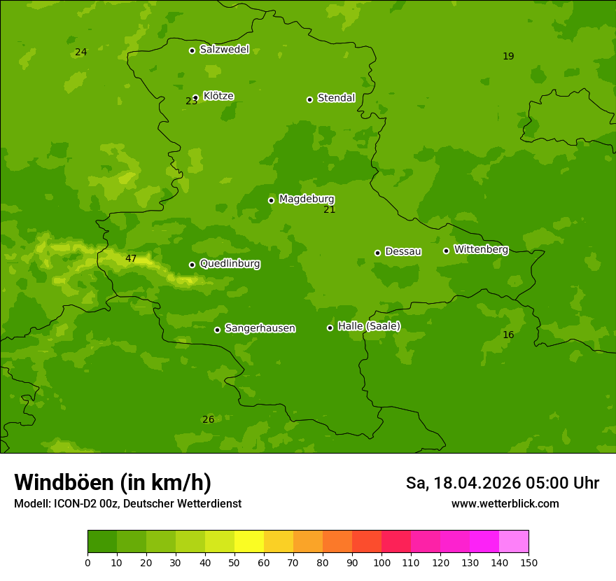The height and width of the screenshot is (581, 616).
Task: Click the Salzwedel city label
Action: point(224,50)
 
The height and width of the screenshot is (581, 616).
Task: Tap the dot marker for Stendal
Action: point(309,99)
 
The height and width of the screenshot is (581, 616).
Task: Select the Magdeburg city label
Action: point(307,199)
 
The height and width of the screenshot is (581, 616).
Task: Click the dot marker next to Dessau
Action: point(377,253)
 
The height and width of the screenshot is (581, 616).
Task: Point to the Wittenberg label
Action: point(481,250)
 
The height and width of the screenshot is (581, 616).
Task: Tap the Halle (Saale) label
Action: point(369,326)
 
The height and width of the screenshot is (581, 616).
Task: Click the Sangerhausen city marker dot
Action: point(217,330)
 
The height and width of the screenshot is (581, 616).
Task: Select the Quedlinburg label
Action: point(230,264)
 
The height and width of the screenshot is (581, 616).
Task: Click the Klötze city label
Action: point(218,96)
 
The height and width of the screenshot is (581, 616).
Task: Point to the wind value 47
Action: point(131,259)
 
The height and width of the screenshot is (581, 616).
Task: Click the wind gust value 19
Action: point(508,57)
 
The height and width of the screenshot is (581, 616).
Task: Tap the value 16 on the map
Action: point(508,335)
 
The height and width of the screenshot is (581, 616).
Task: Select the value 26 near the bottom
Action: point(208,420)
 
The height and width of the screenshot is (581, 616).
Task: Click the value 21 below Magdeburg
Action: point(330,210)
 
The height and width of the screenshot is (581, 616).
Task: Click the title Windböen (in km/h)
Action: point(113,482)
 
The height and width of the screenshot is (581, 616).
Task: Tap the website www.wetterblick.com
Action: point(505,504)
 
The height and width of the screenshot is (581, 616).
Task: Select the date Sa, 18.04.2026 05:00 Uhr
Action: point(502,483)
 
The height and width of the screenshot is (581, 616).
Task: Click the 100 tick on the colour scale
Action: point(381,562)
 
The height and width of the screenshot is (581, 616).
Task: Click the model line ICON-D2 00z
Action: point(127,504)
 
